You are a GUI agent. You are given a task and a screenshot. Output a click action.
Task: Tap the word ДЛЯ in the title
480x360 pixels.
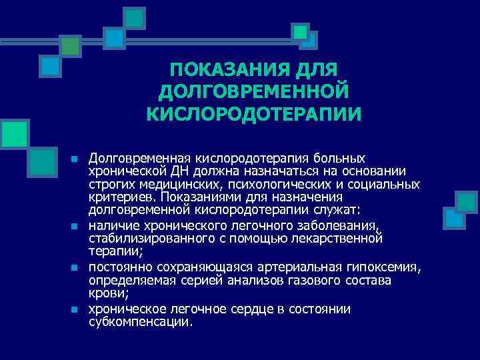coord(315,69)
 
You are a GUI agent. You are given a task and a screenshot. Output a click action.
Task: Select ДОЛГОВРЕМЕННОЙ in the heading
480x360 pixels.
coord(254,91)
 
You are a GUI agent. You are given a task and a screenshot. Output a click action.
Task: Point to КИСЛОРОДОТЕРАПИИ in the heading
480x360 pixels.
coord(254,113)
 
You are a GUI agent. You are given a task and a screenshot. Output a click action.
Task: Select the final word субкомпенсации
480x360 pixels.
coord(139,321)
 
